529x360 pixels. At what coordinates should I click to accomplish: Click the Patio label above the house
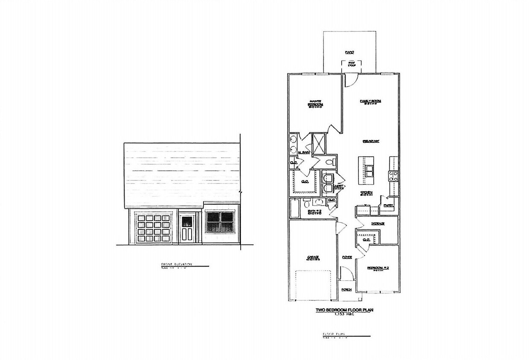coord(349,52)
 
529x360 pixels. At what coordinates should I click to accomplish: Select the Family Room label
coord(370,101)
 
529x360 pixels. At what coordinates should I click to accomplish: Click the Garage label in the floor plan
coord(313,257)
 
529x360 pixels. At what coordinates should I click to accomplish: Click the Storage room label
coord(378,224)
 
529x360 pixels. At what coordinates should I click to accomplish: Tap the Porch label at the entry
coord(346,290)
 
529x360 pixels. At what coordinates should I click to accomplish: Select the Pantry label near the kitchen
coord(388,206)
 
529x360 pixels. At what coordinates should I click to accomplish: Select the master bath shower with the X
coord(318,143)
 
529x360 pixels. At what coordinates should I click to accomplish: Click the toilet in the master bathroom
coord(330,163)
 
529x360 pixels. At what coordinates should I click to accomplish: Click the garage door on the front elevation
coord(154,228)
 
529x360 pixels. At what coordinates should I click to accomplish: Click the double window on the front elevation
coord(220,222)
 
